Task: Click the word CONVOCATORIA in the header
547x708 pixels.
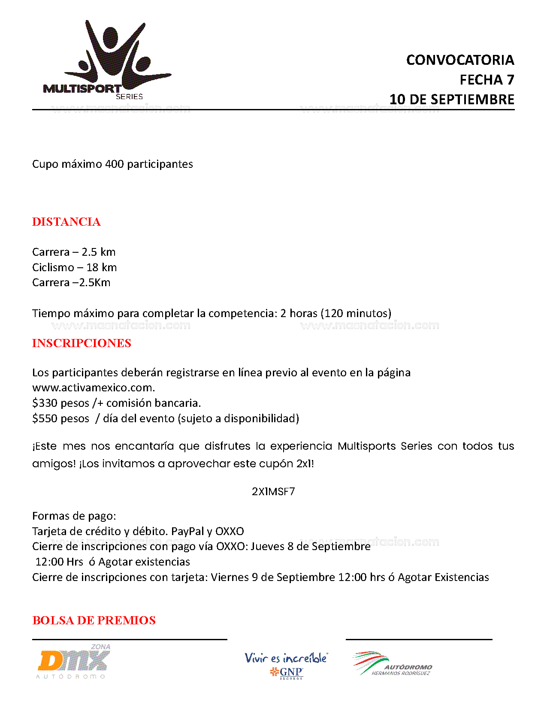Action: pyautogui.click(x=460, y=60)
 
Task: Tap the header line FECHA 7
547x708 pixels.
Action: pyautogui.click(x=487, y=80)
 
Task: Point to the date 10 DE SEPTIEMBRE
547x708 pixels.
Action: pyautogui.click(x=452, y=100)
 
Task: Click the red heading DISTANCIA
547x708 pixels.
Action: pyautogui.click(x=66, y=222)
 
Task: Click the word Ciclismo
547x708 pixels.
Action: pyautogui.click(x=53, y=267)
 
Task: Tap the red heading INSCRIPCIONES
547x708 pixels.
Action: pyautogui.click(x=82, y=343)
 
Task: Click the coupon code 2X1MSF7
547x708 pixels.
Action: pyautogui.click(x=273, y=492)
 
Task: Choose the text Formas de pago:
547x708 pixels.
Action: pyautogui.click(x=74, y=516)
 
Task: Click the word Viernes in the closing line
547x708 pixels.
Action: pyautogui.click(x=230, y=578)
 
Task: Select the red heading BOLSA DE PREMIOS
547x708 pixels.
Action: pyautogui.click(x=94, y=620)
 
